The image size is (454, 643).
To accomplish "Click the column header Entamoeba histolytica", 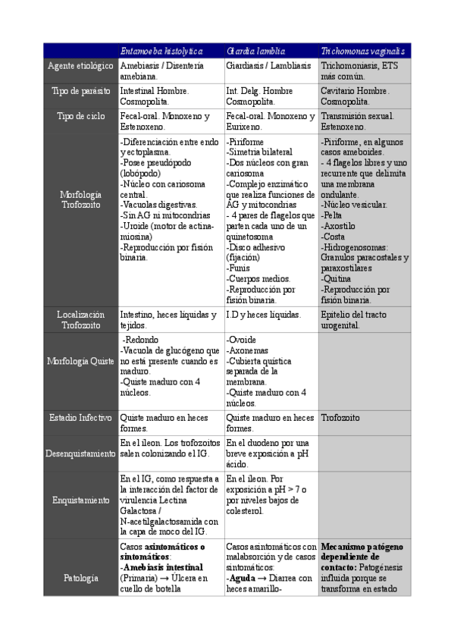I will [161, 51].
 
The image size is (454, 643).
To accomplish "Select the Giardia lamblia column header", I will [255, 51].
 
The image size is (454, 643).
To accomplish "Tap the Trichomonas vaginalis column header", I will [362, 51].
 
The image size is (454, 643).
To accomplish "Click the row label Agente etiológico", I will [80, 66].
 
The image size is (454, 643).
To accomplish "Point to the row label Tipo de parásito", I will [80, 91].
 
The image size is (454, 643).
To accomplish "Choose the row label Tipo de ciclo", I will [80, 116].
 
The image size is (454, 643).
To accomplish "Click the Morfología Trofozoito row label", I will [80, 199].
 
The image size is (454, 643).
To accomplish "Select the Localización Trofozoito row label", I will [80, 319].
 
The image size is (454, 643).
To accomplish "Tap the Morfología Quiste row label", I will [80, 361].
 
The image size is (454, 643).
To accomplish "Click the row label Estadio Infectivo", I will [80, 418].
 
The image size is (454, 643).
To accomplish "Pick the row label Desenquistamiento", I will [80, 453].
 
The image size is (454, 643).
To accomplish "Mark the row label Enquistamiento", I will [80, 500].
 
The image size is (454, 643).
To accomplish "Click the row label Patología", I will [80, 578].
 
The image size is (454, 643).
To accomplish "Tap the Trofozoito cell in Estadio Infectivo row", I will [340, 418].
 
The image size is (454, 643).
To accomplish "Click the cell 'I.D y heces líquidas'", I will [263, 315].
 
